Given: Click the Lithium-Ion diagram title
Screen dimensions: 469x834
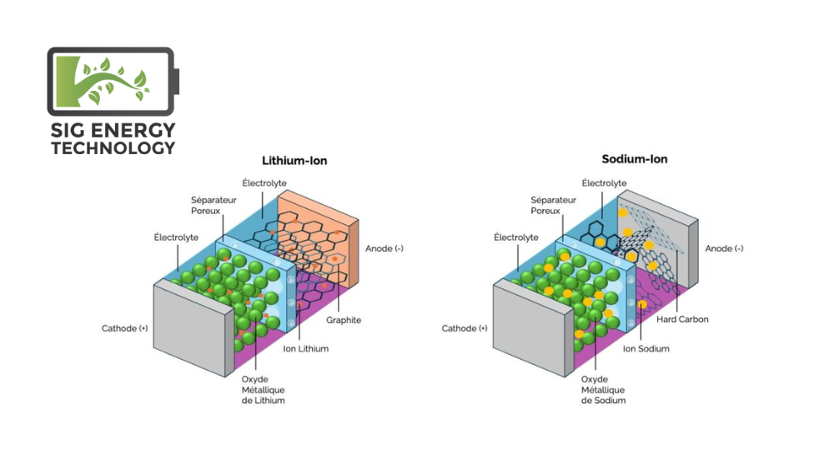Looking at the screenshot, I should (x=294, y=160).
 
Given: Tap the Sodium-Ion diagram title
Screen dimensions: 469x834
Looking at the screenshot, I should (x=634, y=159).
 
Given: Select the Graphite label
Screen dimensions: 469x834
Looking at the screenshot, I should (x=344, y=321).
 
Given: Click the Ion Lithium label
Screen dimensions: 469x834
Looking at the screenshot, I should (x=306, y=349).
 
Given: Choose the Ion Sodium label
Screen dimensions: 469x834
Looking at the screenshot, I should (x=646, y=349).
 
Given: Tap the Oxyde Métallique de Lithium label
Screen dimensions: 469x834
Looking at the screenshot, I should (x=258, y=390).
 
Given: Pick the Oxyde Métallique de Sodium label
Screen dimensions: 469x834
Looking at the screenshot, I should (x=603, y=390).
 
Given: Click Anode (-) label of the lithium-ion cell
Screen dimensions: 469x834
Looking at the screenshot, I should (x=384, y=249).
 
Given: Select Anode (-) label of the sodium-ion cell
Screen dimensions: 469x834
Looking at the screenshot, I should (x=724, y=249).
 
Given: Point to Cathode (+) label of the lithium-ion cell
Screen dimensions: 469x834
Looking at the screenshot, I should (x=125, y=328).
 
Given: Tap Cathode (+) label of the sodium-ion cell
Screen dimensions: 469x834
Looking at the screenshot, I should (x=465, y=328).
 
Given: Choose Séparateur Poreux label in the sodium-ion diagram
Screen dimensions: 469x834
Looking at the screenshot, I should (x=554, y=206).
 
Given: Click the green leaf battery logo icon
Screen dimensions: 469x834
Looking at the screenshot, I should (x=111, y=81).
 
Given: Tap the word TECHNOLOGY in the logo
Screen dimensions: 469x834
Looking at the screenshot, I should (x=113, y=148).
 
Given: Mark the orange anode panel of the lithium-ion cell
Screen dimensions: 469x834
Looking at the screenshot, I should (x=334, y=225).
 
